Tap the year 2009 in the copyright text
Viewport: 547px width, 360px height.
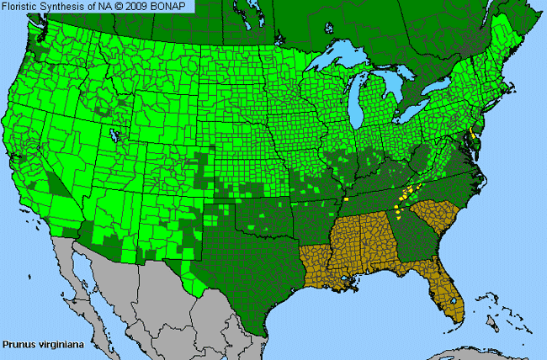click(123, 6)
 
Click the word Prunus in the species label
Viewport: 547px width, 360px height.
click(19, 343)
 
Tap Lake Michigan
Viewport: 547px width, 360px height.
click(364, 105)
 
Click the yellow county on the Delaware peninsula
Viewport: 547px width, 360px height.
click(474, 135)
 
